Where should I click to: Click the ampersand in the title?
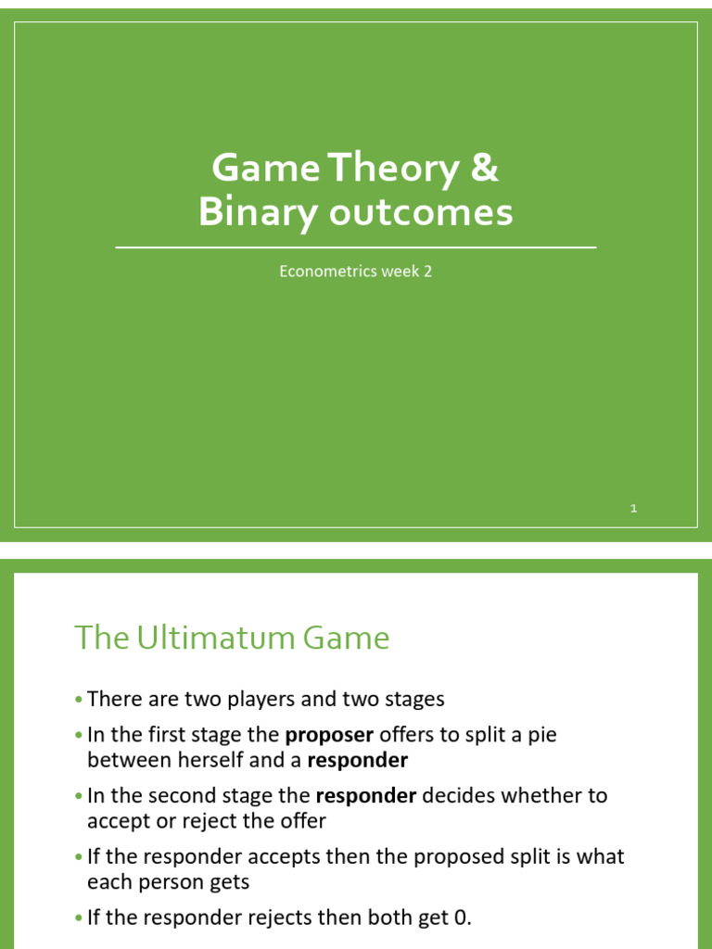click(484, 169)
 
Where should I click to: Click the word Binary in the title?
click(243, 212)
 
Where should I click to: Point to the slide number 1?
click(634, 508)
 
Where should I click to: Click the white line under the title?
click(356, 247)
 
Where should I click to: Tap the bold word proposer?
click(329, 735)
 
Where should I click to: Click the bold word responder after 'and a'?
click(357, 761)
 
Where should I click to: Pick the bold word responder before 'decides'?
click(366, 795)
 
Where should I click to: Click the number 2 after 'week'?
click(428, 272)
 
